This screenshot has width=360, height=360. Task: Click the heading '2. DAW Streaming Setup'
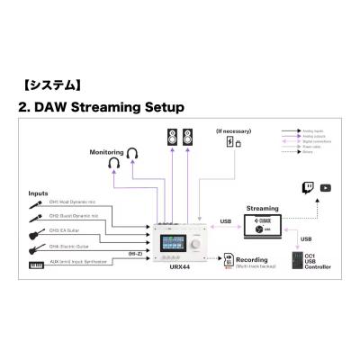point(100,107)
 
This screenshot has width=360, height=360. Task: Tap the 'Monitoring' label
point(107,153)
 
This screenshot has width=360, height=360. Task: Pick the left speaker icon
point(172,139)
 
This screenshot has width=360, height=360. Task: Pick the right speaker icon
point(188,139)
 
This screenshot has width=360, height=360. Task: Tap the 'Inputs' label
point(39,193)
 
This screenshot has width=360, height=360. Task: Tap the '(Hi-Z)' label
point(136,255)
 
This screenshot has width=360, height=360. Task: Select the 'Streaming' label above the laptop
point(262,208)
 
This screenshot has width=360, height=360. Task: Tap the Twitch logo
point(306,187)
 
